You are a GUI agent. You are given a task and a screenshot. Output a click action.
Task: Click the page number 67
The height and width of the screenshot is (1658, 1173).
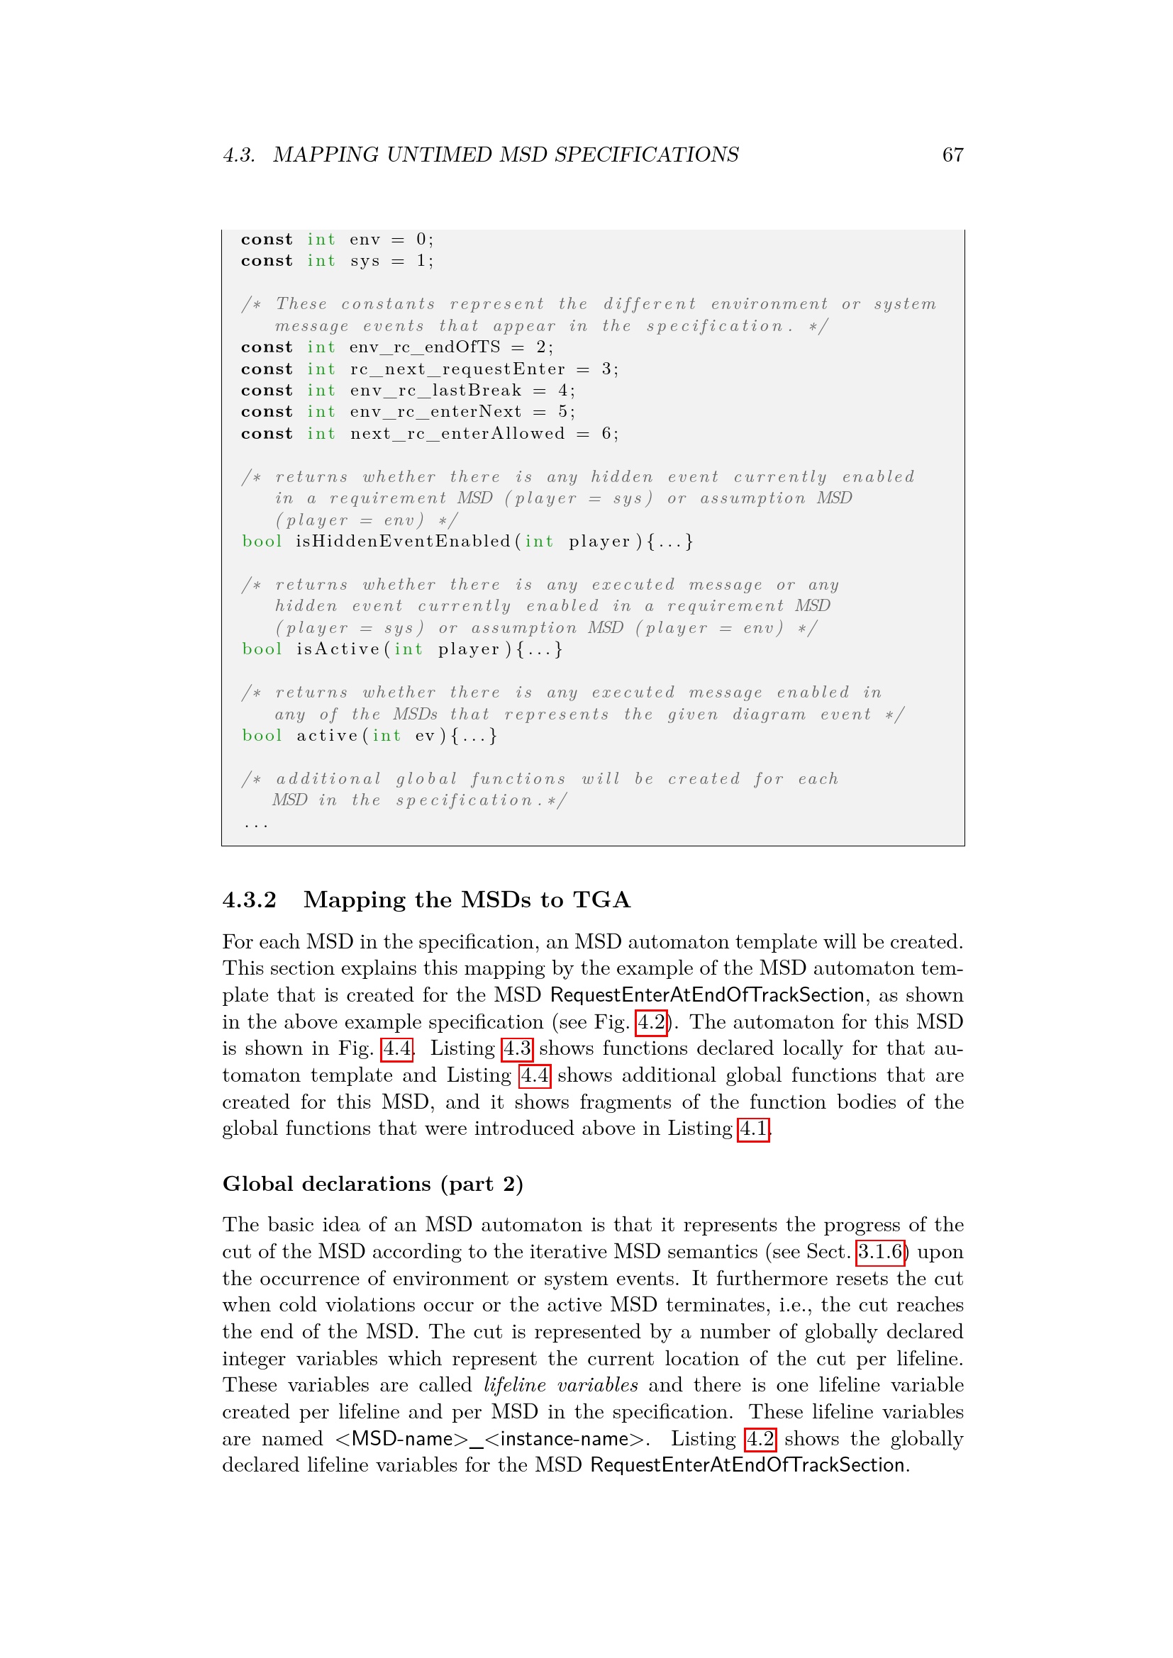(x=952, y=155)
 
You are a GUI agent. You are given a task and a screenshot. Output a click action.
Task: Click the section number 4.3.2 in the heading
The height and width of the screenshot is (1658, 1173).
(x=249, y=900)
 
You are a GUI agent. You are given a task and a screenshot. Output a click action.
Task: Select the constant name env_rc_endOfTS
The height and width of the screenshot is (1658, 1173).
(x=425, y=347)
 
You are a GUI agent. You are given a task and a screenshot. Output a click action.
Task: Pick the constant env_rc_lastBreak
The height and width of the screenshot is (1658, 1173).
(x=435, y=391)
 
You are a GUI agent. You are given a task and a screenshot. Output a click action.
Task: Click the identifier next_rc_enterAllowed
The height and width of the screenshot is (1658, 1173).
(x=457, y=433)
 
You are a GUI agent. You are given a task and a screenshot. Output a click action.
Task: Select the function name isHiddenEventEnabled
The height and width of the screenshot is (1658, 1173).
(x=402, y=542)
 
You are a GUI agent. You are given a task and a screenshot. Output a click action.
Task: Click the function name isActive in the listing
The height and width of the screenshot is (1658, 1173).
(x=338, y=649)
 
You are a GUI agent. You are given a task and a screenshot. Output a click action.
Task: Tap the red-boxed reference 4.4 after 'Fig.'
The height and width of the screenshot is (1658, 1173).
(x=396, y=1048)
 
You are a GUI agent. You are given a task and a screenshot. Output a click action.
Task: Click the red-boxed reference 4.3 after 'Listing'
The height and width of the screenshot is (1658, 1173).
(x=517, y=1048)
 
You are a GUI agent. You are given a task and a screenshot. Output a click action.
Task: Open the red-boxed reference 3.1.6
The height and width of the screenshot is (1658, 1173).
(x=879, y=1251)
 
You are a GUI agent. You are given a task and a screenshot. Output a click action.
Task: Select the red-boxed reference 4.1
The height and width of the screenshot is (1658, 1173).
(x=753, y=1128)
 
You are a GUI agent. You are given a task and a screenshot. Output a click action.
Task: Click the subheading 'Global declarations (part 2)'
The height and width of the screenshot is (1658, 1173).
(x=373, y=1184)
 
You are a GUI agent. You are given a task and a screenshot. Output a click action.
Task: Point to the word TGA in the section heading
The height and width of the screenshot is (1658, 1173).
(x=601, y=900)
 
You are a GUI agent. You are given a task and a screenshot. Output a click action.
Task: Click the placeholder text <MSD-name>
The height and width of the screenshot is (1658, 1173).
(x=401, y=1438)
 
